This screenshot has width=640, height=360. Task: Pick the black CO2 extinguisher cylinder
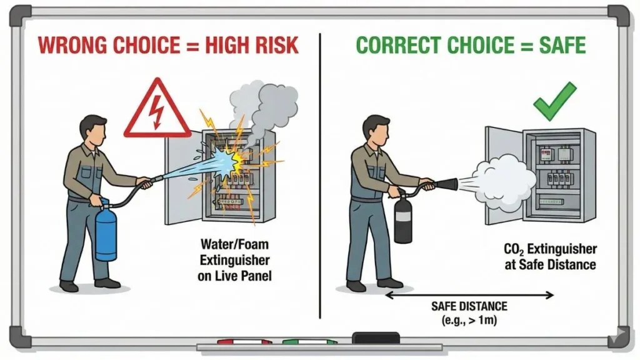[x=403, y=219]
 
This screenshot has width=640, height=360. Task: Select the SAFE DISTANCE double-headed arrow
[x=469, y=294]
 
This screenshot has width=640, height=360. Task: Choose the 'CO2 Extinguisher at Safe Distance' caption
[x=549, y=257]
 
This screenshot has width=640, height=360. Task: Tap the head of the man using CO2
[x=376, y=129]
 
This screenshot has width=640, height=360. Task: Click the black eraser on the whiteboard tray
[x=376, y=337]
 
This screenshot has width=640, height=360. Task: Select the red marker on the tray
[x=243, y=343]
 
